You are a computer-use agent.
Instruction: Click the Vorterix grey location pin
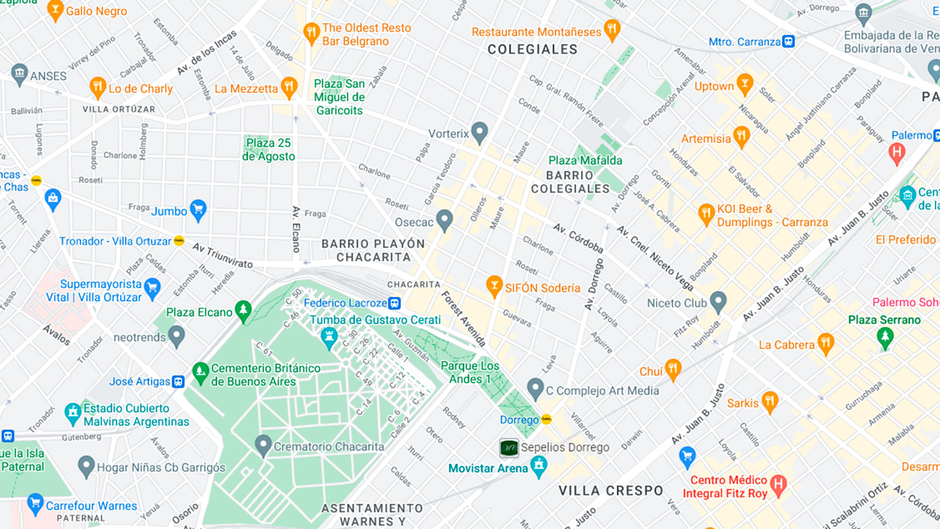479,132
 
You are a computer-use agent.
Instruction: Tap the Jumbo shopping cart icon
198,210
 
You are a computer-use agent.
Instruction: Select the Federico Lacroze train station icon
395,303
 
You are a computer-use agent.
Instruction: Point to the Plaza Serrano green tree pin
885,337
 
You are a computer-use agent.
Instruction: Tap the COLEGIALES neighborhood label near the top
532,49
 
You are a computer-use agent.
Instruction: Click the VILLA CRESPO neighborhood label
611,490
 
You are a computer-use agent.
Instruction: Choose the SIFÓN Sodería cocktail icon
494,286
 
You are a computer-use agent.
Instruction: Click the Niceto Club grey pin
718,301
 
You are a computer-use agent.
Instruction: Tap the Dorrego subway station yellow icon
546,419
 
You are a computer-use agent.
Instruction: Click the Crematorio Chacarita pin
263,445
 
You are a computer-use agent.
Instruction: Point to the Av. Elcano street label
296,229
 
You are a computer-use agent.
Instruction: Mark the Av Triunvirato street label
222,255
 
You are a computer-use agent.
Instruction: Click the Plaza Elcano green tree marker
243,311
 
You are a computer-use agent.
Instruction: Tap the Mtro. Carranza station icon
788,42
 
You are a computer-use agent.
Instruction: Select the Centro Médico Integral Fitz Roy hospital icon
778,484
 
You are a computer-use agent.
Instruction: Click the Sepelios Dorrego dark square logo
509,447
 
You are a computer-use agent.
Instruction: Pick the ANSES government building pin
19,74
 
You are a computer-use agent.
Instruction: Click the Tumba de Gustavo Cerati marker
329,337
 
